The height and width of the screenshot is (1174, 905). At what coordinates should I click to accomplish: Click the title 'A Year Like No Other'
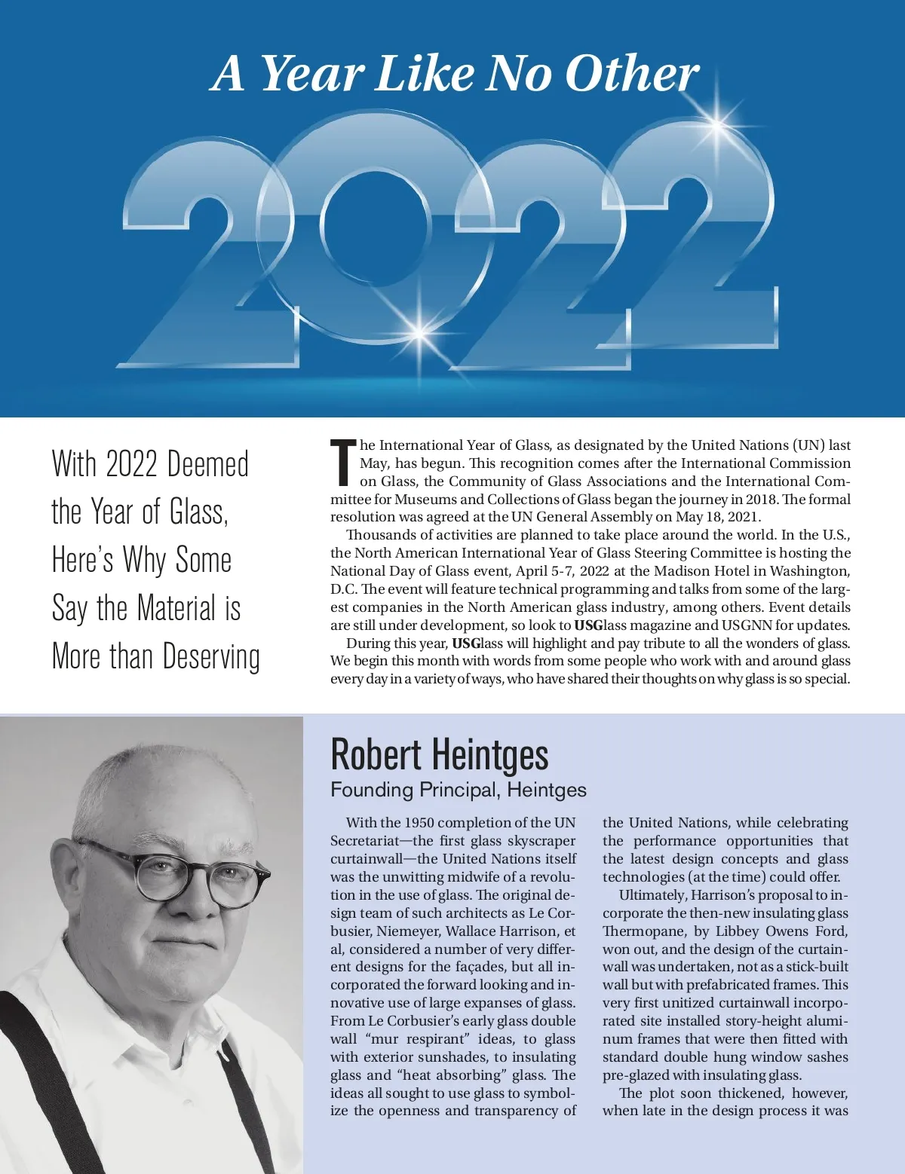[x=456, y=73]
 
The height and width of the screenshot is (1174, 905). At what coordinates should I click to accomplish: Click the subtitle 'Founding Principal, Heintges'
[x=459, y=790]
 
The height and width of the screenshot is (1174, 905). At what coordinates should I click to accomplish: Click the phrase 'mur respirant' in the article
[x=415, y=1039]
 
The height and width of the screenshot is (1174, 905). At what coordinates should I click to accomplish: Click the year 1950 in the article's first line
[x=419, y=823]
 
